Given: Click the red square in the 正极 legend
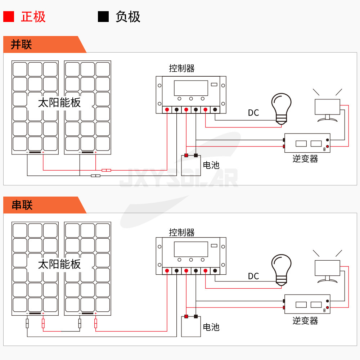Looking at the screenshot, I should [9, 17].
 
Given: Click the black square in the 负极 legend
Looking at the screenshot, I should [103, 17].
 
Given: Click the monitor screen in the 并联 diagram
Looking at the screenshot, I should [327, 107].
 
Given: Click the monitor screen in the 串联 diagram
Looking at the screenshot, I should [327, 268].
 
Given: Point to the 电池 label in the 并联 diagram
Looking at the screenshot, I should [211, 165].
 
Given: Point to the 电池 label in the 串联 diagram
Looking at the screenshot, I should [211, 327].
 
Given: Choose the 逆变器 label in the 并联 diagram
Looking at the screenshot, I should [305, 159].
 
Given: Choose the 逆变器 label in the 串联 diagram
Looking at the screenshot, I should [305, 320].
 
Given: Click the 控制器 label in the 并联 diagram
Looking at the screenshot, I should [182, 68].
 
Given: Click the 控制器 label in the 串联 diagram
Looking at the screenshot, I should [182, 232].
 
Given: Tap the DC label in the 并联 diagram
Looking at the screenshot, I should [253, 113].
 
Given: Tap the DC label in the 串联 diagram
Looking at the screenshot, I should [253, 276].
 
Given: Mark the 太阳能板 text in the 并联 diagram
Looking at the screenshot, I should [60, 103].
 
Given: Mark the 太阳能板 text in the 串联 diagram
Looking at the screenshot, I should [60, 265].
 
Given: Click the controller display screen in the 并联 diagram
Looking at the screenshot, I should [191, 88].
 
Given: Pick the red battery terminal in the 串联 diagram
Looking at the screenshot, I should [186, 317].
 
